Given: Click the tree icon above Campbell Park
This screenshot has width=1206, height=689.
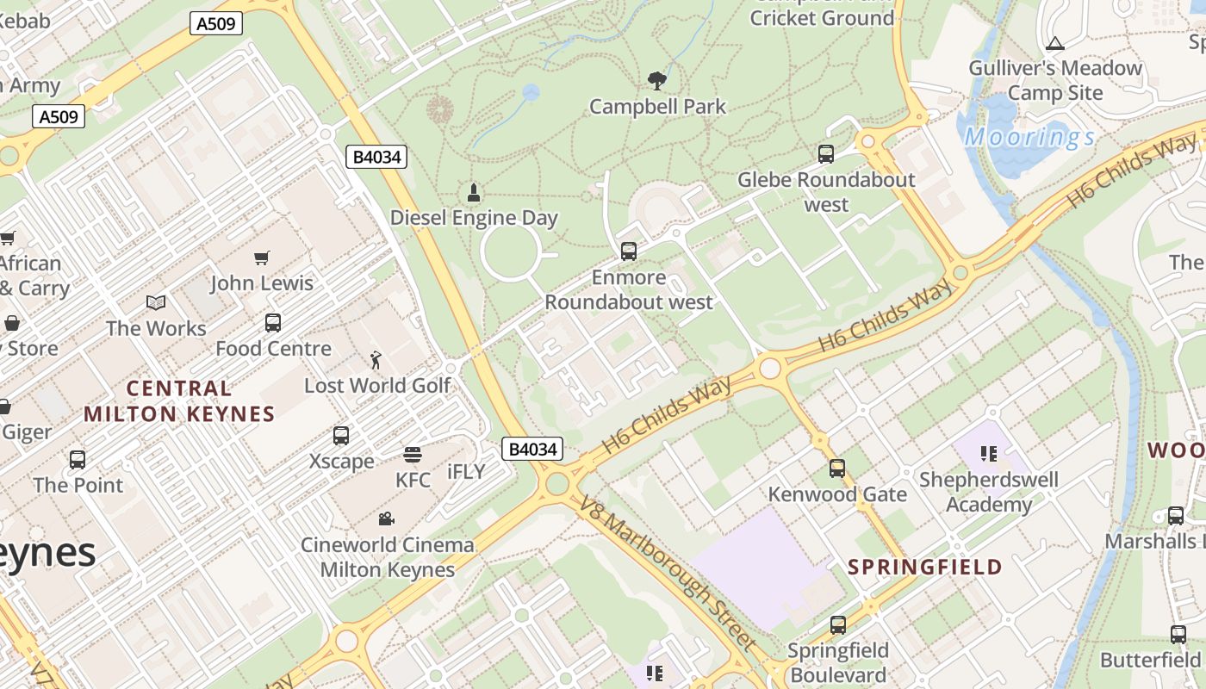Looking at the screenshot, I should (657, 81).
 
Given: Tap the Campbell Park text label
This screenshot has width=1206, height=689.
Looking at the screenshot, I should (657, 107).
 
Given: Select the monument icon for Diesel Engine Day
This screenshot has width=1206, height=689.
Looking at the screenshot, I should (473, 192).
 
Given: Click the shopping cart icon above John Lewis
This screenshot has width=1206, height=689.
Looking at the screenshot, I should (262, 258).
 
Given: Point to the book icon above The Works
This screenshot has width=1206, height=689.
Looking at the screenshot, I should (156, 302).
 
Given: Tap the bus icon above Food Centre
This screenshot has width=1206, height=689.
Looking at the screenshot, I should (273, 323).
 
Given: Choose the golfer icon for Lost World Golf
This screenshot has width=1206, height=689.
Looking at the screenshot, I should (376, 359).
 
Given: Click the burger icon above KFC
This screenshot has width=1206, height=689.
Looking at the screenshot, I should (413, 455).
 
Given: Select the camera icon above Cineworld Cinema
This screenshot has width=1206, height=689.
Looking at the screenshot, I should (387, 518).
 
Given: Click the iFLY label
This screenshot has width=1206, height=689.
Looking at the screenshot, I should (466, 472).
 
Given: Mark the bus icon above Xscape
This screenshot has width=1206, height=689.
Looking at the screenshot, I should (341, 436).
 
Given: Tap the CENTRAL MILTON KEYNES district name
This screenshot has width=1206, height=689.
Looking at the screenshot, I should (179, 401).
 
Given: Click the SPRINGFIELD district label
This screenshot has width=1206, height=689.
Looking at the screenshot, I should (925, 567).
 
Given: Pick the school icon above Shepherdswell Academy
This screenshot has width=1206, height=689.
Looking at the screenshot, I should (988, 453).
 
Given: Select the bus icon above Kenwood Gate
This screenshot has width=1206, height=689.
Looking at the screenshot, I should (837, 469).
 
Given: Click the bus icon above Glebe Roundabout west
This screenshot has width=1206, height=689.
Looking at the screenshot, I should (826, 154).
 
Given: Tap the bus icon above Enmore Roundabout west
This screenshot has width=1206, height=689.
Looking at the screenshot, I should (629, 251).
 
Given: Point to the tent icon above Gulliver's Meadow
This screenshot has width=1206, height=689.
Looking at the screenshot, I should (1055, 43).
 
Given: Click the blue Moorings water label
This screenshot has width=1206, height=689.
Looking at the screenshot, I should (1029, 137).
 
